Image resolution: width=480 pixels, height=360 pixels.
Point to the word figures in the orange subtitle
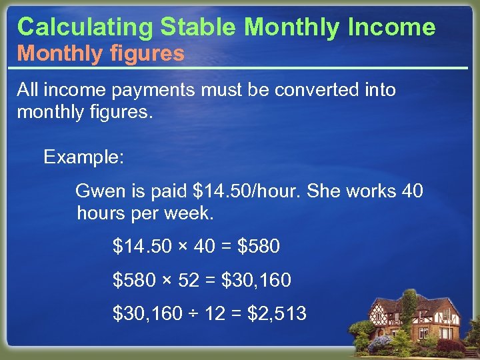pos(147,54)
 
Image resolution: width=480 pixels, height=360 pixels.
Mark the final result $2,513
pos(277,313)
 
